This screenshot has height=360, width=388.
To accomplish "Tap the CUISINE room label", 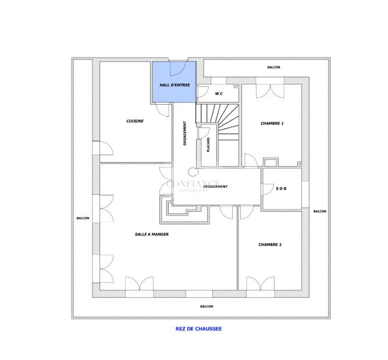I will click(x=135, y=121).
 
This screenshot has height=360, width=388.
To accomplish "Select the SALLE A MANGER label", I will click(x=152, y=234).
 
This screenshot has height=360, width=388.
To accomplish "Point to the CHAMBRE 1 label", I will click(x=272, y=123).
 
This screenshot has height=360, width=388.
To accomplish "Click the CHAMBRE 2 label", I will click(x=270, y=245).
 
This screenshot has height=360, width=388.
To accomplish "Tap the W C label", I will click(x=219, y=94).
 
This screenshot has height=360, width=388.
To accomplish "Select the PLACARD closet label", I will click(x=208, y=144).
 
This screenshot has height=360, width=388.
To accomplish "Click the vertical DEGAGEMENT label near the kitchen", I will click(x=185, y=133).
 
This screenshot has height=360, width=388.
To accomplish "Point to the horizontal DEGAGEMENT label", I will click(x=215, y=187).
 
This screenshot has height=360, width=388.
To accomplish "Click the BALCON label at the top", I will click(x=274, y=67).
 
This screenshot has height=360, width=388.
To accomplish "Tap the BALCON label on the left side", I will click(x=83, y=218).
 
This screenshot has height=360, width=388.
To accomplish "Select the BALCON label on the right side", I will click(x=320, y=212).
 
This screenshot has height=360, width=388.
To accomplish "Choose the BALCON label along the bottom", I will click(x=207, y=306).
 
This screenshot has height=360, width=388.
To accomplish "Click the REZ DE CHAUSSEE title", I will click(x=198, y=329).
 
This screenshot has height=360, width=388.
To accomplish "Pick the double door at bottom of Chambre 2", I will click(x=260, y=284).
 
